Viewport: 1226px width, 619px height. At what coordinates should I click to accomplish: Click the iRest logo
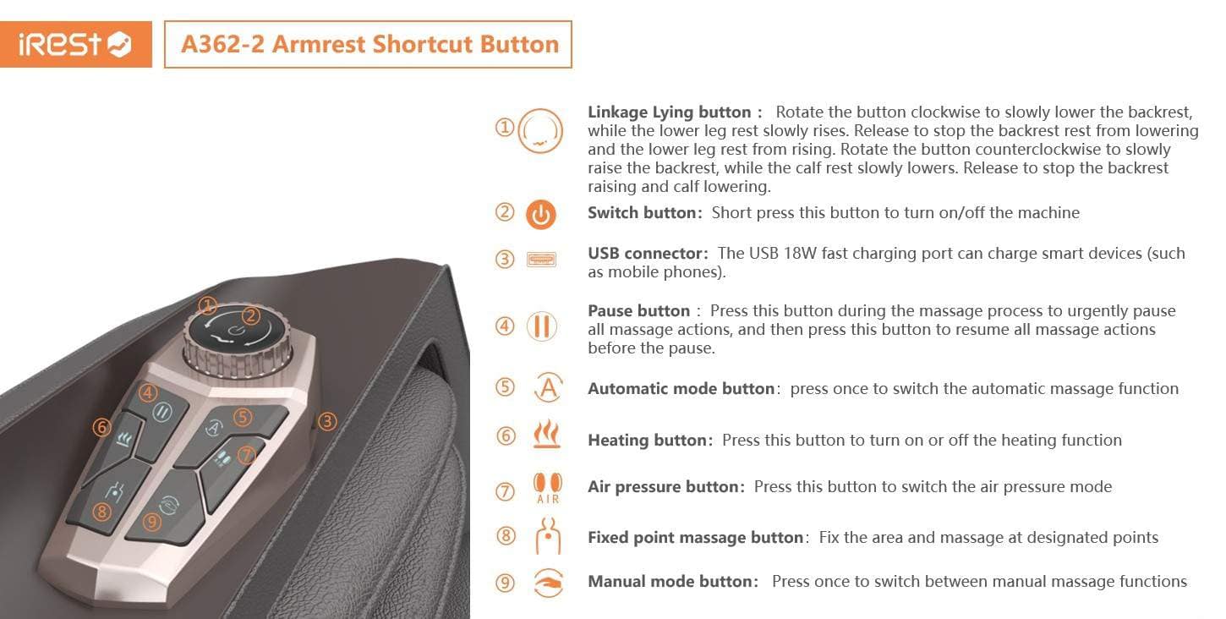coord(75,44)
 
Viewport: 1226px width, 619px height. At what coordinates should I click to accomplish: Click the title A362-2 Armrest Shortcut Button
coord(370,44)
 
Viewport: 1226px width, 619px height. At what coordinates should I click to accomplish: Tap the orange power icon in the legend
coord(541,214)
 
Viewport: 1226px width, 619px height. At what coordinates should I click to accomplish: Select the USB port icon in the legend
coord(541,259)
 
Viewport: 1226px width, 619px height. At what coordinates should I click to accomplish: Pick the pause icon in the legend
coord(541,326)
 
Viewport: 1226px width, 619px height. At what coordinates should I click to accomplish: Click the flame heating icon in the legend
coord(547,434)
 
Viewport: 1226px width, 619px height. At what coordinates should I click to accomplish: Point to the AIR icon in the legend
coord(548,488)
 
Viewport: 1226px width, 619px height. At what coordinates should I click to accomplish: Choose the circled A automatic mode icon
coord(548,387)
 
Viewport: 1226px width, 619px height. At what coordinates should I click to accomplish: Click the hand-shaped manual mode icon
coord(548,583)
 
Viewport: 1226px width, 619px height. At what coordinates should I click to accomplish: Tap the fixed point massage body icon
coord(548,536)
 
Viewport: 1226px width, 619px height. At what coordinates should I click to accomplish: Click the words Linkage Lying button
coord(670,112)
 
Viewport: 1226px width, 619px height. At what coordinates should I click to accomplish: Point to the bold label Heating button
coord(647,440)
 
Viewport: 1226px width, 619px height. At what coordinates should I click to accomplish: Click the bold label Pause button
coord(638,311)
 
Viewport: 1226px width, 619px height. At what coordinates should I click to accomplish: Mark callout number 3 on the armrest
coord(327,421)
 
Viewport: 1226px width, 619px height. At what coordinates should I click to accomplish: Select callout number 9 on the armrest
coord(151,522)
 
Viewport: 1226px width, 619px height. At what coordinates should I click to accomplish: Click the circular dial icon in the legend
coord(540,131)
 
